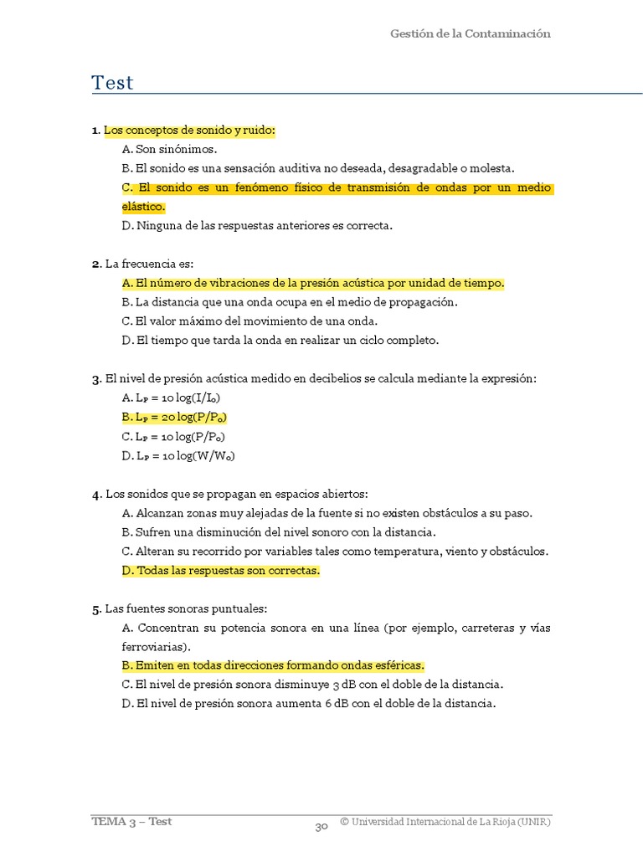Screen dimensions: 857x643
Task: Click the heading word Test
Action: (x=112, y=83)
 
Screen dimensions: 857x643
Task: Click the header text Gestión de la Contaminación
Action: (x=470, y=33)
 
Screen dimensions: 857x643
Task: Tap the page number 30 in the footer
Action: (x=321, y=827)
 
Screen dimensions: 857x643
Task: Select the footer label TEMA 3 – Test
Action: (x=131, y=821)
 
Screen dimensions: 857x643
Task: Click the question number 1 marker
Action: (x=95, y=131)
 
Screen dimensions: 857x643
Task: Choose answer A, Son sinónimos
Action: (x=169, y=149)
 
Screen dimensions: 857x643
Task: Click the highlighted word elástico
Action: (x=143, y=207)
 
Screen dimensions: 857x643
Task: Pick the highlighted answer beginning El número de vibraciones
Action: (x=313, y=283)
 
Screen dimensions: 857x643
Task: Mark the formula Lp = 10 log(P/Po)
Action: (x=174, y=436)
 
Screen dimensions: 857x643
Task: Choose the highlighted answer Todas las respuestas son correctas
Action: (x=221, y=571)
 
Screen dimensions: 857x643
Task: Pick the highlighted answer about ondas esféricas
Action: (x=273, y=665)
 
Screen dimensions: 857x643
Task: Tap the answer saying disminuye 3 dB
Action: (x=312, y=684)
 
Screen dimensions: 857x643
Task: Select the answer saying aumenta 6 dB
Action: (x=309, y=703)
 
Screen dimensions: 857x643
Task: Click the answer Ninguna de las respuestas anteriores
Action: (x=257, y=225)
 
